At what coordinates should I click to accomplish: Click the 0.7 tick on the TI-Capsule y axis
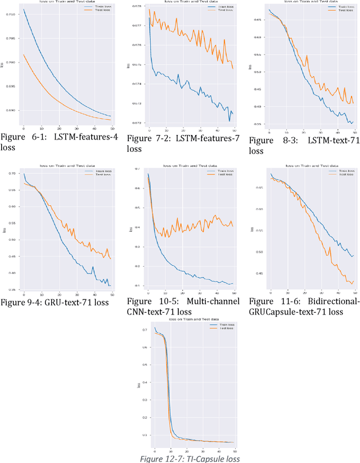pos(145,329)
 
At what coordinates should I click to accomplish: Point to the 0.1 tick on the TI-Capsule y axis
pos(145,435)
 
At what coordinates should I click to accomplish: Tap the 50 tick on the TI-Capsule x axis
pos(235,451)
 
